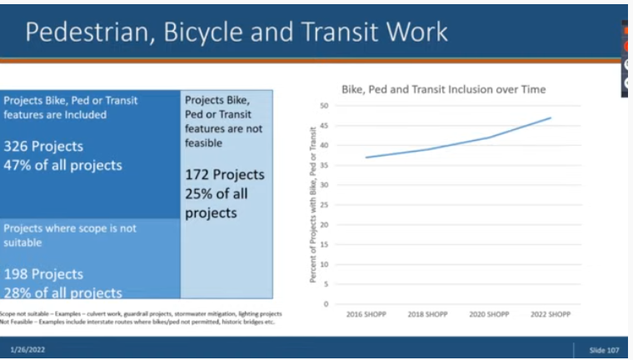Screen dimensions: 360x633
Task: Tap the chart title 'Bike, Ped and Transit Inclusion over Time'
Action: click(443, 89)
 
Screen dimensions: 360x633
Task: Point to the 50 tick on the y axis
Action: click(324, 106)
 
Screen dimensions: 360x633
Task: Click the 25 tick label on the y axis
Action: click(324, 205)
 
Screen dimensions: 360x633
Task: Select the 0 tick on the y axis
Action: click(326, 304)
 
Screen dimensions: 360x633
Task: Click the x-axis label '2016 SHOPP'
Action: click(366, 314)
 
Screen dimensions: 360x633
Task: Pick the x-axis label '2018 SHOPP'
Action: click(428, 314)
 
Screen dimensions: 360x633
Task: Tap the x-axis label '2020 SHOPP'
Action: click(490, 314)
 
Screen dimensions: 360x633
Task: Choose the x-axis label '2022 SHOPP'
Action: click(551, 314)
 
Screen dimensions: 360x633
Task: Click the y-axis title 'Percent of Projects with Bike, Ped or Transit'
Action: click(313, 205)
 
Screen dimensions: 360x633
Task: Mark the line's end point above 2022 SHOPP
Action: click(551, 117)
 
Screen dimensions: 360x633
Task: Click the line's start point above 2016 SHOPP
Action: click(366, 157)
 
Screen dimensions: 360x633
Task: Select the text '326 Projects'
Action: click(43, 147)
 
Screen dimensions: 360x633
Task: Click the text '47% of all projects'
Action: click(62, 165)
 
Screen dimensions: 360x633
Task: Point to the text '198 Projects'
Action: click(43, 274)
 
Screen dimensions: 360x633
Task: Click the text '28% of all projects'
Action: click(62, 292)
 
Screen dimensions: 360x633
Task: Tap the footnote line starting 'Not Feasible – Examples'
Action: click(137, 322)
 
